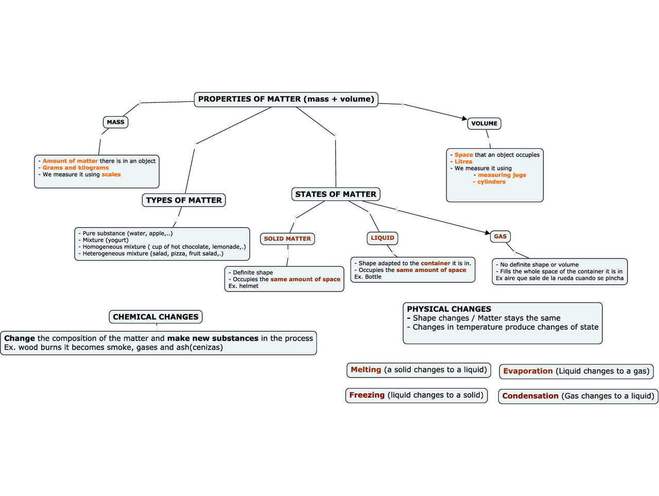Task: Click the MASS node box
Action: tap(115, 122)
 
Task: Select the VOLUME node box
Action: tap(484, 124)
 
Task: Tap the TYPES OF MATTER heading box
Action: tap(184, 200)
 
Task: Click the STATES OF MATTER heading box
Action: tap(336, 194)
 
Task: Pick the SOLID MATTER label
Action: tap(287, 239)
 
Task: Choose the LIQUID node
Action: tap(383, 238)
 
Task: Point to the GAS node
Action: tap(500, 237)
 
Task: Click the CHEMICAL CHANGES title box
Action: tap(155, 317)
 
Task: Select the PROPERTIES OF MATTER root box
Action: tap(286, 99)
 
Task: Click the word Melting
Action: tap(366, 370)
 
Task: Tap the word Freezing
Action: tap(367, 395)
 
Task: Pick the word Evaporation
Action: tap(528, 371)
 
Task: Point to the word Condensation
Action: tap(530, 396)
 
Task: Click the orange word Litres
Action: tap(463, 162)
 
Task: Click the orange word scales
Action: tap(111, 175)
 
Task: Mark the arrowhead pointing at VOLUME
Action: tap(464, 119)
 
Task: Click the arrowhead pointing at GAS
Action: tap(488, 233)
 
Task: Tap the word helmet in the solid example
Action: tap(249, 286)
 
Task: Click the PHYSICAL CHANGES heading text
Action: tap(449, 309)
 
